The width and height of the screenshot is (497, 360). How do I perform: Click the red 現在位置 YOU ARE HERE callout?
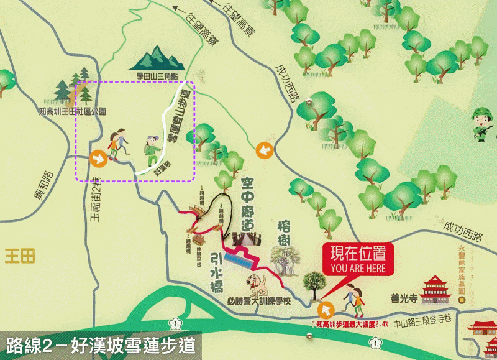[358, 259]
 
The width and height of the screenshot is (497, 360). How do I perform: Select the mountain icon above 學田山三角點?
[160, 58]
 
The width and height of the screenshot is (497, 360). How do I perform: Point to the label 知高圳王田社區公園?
[73, 112]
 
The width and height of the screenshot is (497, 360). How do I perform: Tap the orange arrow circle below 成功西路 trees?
[265, 149]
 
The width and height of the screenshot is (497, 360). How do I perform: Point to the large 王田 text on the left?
[20, 255]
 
